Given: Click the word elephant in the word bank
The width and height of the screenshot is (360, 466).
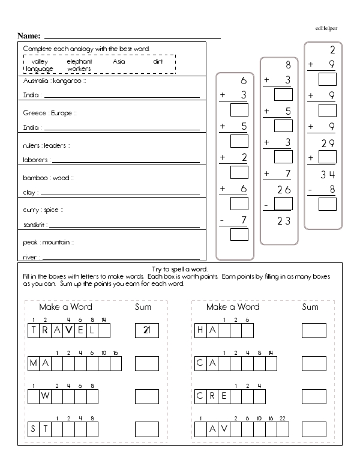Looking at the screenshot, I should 79,61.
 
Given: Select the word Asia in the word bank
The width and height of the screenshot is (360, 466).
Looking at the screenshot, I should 119,61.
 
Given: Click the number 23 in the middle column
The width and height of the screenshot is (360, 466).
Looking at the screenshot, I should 284,220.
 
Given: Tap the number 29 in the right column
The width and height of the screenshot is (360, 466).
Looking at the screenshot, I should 328,142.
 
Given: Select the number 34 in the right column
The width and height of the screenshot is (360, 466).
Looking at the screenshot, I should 328,175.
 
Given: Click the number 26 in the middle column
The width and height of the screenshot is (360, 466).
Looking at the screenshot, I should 284,190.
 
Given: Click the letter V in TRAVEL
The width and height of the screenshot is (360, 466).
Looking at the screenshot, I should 70,330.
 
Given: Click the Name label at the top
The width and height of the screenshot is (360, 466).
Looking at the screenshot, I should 29,37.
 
